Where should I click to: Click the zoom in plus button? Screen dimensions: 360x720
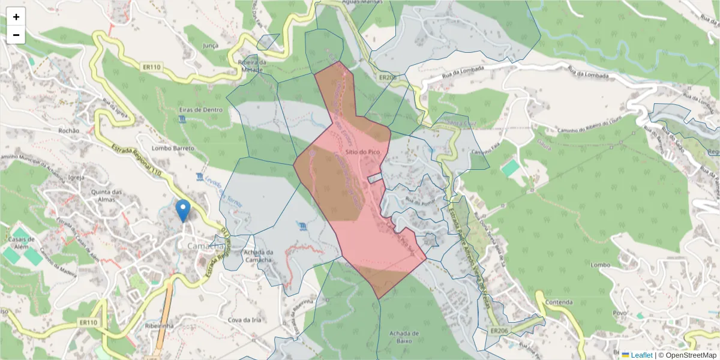[16, 17]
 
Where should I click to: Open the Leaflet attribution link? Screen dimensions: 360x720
[641, 355]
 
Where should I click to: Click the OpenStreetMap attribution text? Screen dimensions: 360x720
[687, 355]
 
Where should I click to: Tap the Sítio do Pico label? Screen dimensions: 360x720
[362, 152]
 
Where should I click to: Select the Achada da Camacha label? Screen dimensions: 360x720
[259, 256]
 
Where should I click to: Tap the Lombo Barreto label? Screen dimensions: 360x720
[174, 148]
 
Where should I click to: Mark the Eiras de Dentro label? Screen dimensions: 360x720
[200, 110]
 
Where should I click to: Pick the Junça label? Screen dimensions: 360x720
[211, 45]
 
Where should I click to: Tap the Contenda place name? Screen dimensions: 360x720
[562, 302]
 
